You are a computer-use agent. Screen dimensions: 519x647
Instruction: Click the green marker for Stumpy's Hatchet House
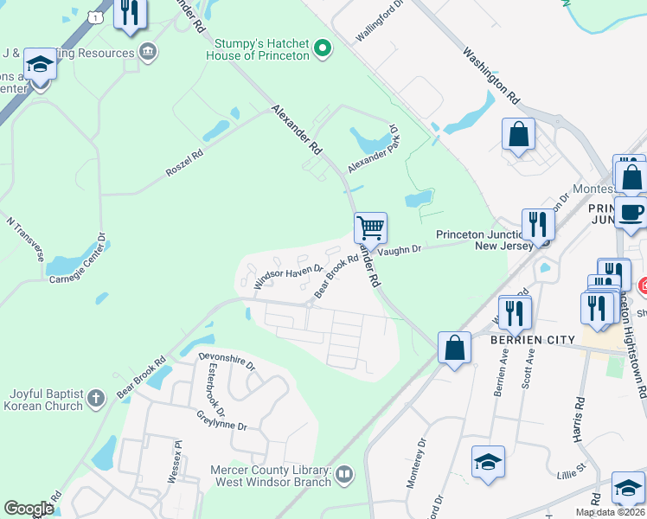click(x=323, y=48)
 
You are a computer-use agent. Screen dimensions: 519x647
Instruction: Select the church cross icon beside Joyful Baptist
click(x=96, y=398)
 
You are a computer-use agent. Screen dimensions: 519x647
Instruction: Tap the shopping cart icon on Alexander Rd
click(x=370, y=228)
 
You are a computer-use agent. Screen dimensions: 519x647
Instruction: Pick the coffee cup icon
click(x=631, y=212)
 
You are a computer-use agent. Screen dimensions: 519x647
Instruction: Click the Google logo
click(x=29, y=509)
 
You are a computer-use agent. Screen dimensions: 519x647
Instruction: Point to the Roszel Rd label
click(x=184, y=163)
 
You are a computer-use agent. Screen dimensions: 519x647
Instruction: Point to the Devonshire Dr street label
click(x=227, y=362)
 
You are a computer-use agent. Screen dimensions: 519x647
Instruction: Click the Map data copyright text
click(x=610, y=512)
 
